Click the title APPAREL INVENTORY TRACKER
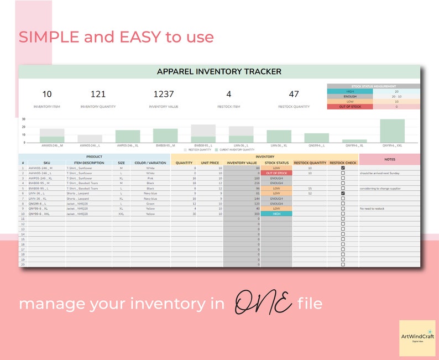[x=219, y=71]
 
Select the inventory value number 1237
[x=163, y=94]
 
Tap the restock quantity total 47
[x=294, y=94]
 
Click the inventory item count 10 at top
[x=47, y=94]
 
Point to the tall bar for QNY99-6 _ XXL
[x=392, y=131]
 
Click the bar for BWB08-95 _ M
[x=165, y=136]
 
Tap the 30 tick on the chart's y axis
[x=24, y=119]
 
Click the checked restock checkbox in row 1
[x=343, y=168]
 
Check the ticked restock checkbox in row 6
[x=343, y=193]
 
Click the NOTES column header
[x=389, y=159]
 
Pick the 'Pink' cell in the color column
[x=150, y=178]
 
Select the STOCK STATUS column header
[x=277, y=163]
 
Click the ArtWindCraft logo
[x=417, y=337]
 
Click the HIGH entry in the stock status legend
[x=350, y=92]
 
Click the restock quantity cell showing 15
[x=310, y=188]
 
